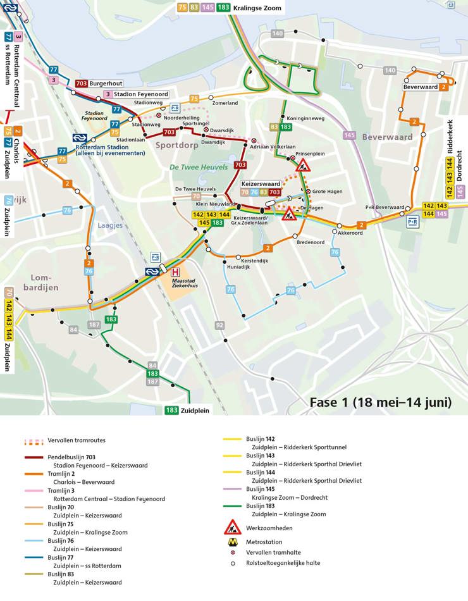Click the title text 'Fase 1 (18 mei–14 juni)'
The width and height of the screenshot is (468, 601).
(x=380, y=402)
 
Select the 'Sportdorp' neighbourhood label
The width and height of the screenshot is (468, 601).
(x=174, y=145)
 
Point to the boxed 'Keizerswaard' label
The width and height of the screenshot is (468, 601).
(x=261, y=183)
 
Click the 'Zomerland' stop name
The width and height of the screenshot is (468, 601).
(x=225, y=103)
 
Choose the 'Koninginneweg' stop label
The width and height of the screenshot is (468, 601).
(x=305, y=118)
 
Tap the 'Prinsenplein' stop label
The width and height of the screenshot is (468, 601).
(x=310, y=154)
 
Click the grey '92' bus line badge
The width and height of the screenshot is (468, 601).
(x=219, y=325)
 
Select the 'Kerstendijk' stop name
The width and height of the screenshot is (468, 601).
(x=255, y=261)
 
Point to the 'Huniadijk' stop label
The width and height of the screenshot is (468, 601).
(x=238, y=267)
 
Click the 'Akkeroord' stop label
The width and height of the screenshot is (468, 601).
(x=350, y=233)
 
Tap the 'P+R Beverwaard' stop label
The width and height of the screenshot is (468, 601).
(x=385, y=208)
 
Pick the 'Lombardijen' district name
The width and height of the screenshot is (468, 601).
(x=42, y=282)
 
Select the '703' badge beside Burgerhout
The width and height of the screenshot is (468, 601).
(x=82, y=84)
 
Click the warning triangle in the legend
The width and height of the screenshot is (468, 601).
(x=232, y=527)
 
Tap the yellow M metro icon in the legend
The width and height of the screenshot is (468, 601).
(x=232, y=542)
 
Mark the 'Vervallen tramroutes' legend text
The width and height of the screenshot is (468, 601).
(x=77, y=440)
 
